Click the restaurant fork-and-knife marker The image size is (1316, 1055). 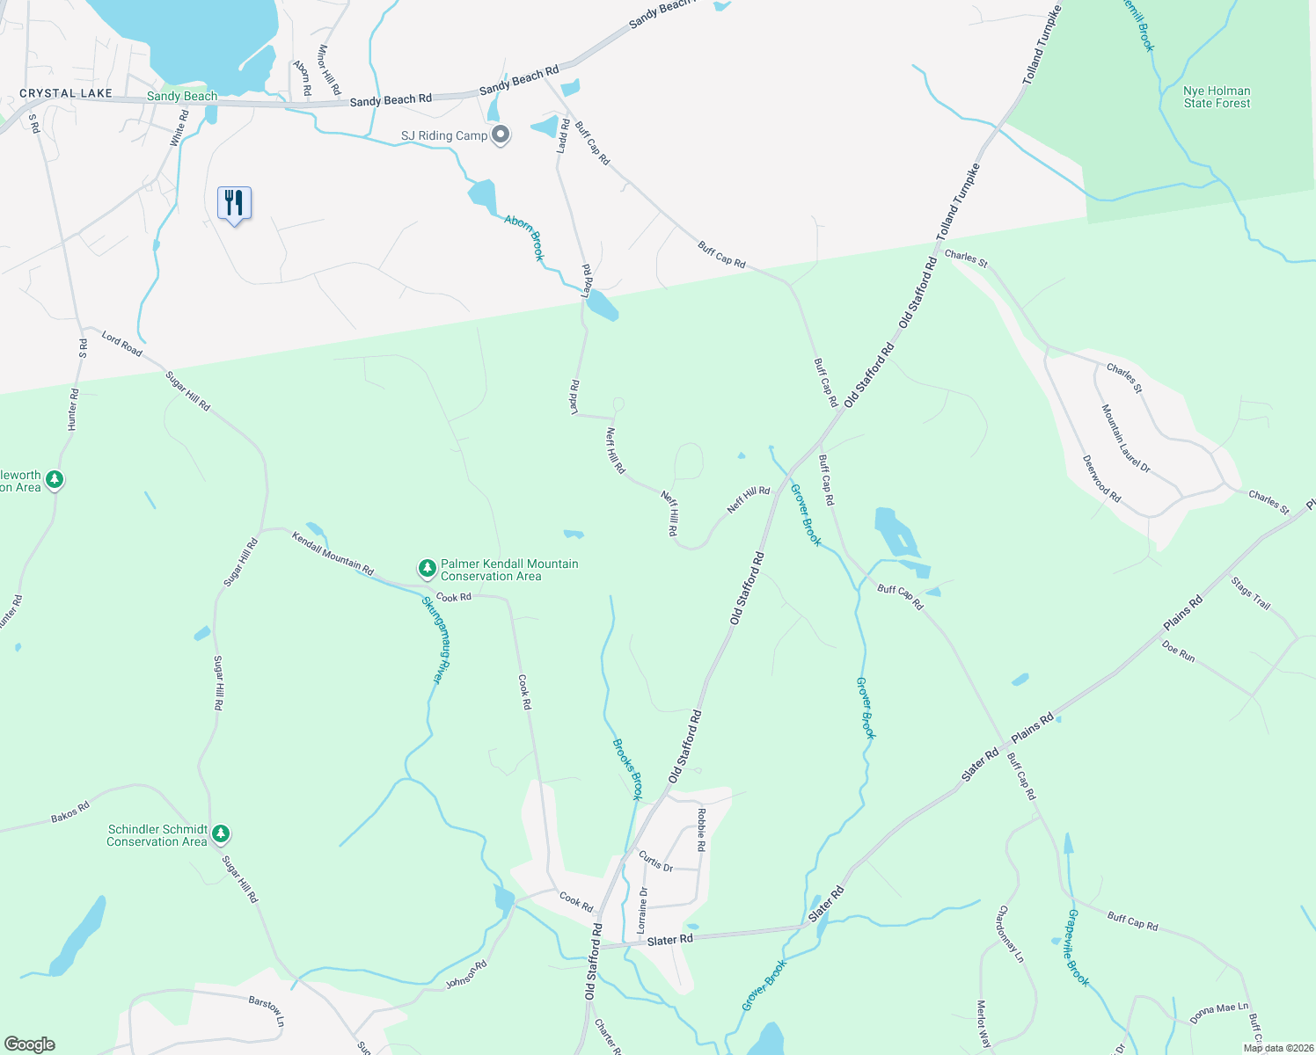(234, 203)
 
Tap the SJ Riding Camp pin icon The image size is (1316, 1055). (501, 135)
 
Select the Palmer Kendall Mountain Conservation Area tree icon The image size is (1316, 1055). (428, 569)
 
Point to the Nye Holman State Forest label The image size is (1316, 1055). (1217, 97)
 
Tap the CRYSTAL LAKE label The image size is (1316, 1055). (66, 93)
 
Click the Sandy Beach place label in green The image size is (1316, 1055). (182, 96)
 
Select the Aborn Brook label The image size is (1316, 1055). (525, 237)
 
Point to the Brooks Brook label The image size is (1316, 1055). (627, 768)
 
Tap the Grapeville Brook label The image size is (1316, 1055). (1078, 948)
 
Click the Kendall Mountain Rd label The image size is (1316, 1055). (333, 552)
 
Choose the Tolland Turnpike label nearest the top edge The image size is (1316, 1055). (1042, 46)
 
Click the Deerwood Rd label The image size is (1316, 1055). (1101, 478)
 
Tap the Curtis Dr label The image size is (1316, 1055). (655, 861)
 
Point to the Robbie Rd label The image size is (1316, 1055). (701, 829)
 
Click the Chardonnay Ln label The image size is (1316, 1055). (1011, 934)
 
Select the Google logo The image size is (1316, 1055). (30, 1044)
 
